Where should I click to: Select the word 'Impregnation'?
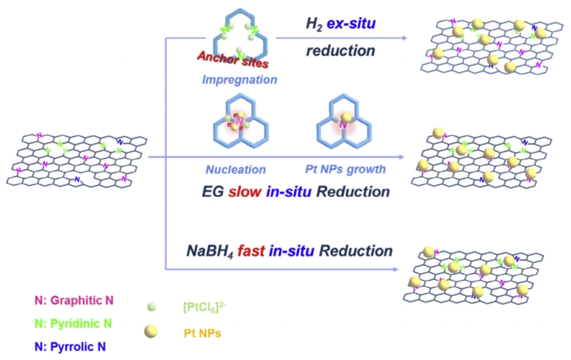pos(239,79)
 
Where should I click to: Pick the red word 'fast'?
pos(251,251)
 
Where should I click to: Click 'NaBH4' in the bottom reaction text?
pos(203,251)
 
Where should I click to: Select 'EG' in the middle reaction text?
pos(214,192)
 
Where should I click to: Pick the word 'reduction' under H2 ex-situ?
pos(340,51)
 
